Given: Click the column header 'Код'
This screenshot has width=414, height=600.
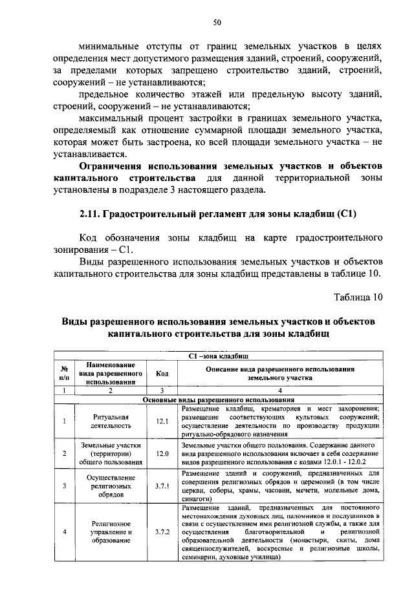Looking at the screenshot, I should (x=162, y=373).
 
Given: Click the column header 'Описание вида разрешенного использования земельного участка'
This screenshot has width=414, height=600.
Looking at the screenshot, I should (x=280, y=373).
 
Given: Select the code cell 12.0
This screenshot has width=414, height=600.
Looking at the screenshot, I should (x=162, y=454).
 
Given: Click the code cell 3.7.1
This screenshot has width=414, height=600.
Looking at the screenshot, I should (x=162, y=486).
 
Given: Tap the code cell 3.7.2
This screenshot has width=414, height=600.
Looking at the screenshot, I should (x=162, y=532).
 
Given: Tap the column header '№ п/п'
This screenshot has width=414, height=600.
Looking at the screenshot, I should (x=64, y=373).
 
